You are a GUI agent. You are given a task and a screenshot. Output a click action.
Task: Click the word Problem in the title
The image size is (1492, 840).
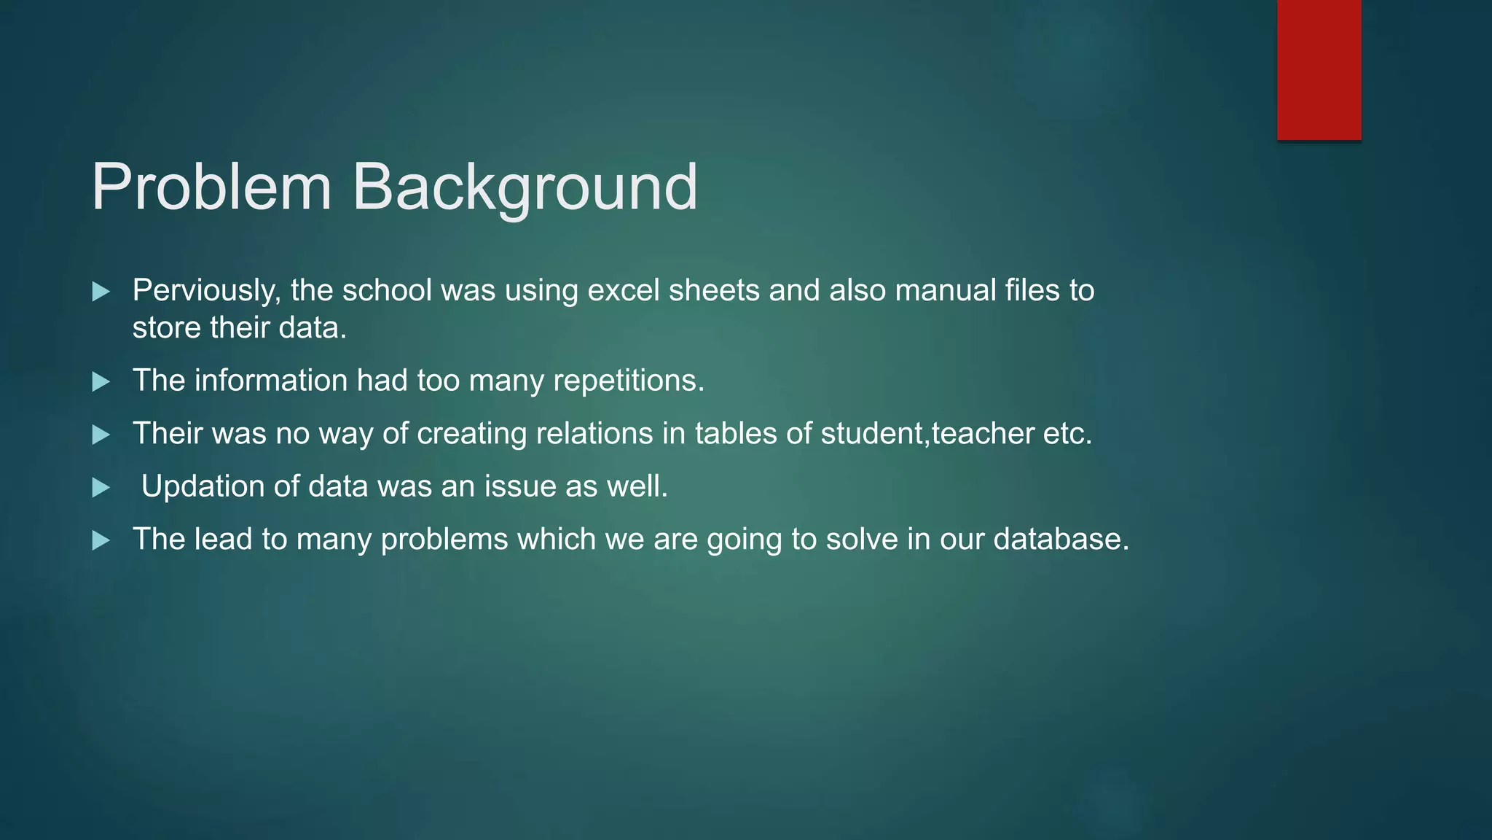pos(211,187)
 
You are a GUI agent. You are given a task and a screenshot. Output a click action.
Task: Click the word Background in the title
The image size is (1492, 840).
pos(525,187)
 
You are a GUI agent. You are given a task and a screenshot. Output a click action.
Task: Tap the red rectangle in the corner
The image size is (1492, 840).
pos(1319,70)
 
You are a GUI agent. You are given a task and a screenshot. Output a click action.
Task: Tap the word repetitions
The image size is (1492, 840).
pos(629,381)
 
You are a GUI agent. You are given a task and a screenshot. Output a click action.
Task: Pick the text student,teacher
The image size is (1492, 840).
pos(927,434)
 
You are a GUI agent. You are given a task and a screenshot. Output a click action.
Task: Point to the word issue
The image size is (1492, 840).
pos(520,486)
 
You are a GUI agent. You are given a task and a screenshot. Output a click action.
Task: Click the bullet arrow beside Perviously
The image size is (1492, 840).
pos(101,292)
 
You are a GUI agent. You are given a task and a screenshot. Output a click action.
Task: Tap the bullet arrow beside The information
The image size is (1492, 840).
pos(101,382)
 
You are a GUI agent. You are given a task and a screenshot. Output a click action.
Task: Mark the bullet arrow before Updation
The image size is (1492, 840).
pos(101,488)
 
